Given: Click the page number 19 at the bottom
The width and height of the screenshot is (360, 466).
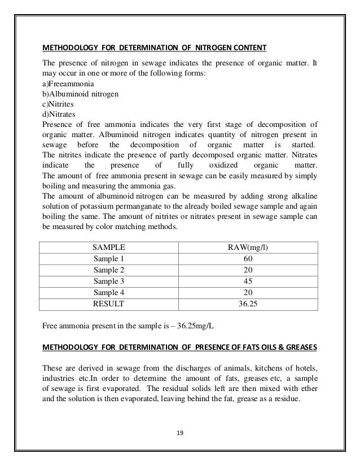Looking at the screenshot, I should tap(179, 433).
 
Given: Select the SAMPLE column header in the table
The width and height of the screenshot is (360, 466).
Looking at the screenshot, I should tap(108, 247).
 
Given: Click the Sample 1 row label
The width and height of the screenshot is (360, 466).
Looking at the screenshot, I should tap(108, 258).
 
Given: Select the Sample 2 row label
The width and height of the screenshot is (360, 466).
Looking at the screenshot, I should tap(108, 269).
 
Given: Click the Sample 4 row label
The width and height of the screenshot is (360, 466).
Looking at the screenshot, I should tap(108, 292).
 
